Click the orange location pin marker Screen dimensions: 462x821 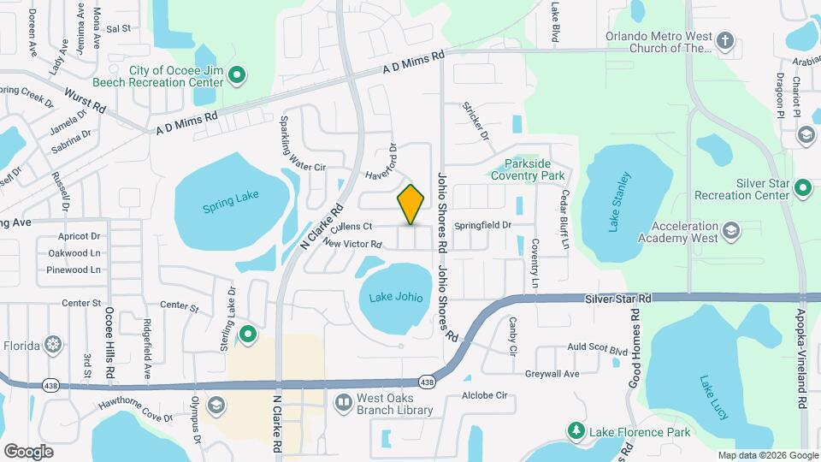pos(411,204)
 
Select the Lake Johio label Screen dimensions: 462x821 pos(395,298)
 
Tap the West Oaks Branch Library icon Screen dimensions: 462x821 pos(343,401)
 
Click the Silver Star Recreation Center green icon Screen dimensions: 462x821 pos(802,187)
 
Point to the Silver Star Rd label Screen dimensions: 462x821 pos(618,299)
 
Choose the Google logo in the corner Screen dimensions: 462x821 pos(28,451)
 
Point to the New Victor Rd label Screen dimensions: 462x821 pos(351,244)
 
